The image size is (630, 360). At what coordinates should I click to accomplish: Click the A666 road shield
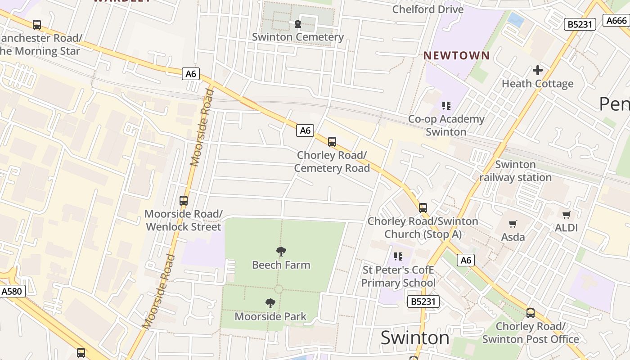[x=616, y=20]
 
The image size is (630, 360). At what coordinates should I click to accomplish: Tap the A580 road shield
[x=12, y=291]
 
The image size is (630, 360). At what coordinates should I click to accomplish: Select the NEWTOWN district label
[x=456, y=55]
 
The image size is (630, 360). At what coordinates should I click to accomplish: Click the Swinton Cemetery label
[x=297, y=37]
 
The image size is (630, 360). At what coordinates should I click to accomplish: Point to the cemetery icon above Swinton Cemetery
[x=297, y=24]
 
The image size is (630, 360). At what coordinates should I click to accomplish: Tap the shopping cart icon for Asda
[x=513, y=224]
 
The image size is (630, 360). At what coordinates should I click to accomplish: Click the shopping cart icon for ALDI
[x=566, y=215]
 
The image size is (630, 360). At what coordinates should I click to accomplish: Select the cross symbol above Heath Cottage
[x=537, y=70]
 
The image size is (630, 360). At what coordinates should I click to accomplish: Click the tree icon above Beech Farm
[x=281, y=252]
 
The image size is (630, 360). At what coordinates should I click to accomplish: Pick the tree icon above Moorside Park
[x=270, y=303]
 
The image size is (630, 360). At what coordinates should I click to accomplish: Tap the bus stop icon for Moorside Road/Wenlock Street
[x=183, y=201]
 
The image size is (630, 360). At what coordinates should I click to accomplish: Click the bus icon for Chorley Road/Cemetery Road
[x=332, y=142]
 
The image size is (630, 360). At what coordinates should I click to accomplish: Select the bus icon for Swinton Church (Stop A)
[x=423, y=208]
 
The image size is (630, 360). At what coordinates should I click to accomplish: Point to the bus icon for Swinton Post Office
[x=531, y=313]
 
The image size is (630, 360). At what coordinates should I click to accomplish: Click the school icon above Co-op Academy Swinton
[x=446, y=106]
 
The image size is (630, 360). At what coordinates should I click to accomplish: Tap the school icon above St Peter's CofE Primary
[x=398, y=256]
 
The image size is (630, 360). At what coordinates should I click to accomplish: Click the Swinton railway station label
[x=515, y=171]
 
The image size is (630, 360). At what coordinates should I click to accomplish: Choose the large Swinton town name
[x=414, y=337]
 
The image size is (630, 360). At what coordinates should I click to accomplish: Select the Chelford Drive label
[x=427, y=9]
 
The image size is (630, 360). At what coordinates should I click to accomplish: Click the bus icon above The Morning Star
[x=37, y=25]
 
